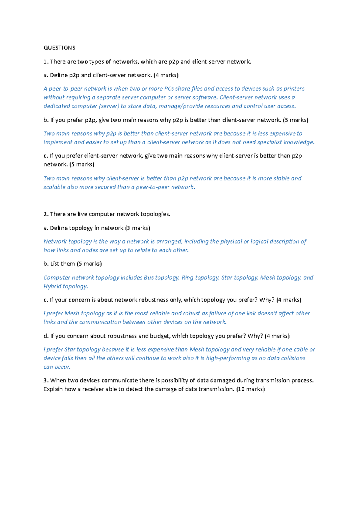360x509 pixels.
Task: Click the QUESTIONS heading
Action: coord(59,48)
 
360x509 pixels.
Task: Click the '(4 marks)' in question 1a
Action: coord(166,75)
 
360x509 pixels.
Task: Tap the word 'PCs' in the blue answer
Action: coord(169,89)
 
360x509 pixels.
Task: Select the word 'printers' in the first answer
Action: coord(294,89)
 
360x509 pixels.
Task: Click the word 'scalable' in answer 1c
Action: coord(54,187)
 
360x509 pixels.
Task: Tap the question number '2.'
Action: coord(46,214)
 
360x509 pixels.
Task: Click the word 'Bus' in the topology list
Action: coord(149,278)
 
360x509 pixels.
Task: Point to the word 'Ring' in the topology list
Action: coord(187,278)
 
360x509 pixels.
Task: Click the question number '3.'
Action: coord(46,380)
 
